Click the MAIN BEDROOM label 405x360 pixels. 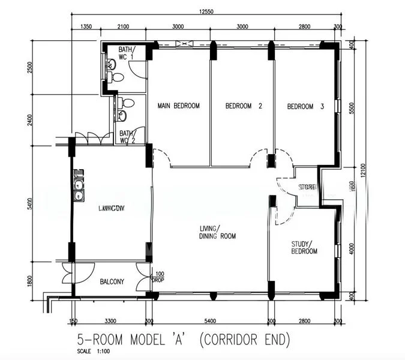point(178,106)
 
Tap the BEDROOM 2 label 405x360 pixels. point(244,106)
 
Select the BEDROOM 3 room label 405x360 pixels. point(305,107)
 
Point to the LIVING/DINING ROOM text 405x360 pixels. point(218,232)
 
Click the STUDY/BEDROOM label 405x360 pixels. point(304,247)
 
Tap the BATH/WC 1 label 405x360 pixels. point(126,53)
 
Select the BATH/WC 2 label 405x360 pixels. point(126,137)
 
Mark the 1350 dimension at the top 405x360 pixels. point(86,26)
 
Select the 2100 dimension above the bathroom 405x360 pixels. point(124,26)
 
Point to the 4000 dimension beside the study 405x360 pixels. point(352,248)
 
